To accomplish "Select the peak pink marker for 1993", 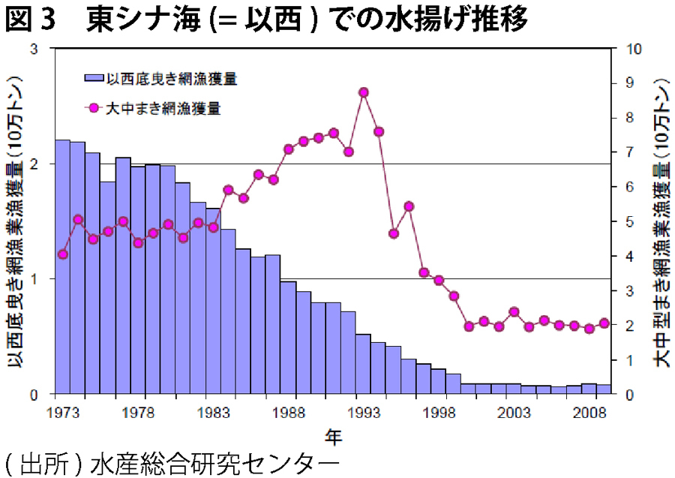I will [x=364, y=92].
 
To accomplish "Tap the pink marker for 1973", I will [x=63, y=254].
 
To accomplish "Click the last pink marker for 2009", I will [x=604, y=323].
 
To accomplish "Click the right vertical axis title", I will [x=658, y=221].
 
